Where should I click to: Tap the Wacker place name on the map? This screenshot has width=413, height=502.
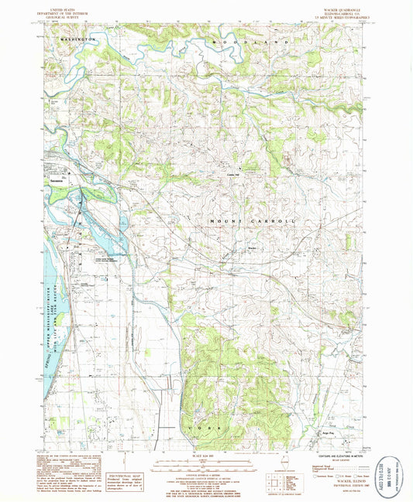click(252, 248)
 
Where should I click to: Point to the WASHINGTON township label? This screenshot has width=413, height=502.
click(76, 38)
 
